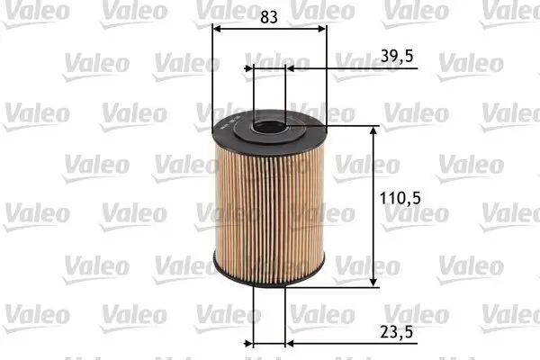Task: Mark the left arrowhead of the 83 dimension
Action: (216, 28)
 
